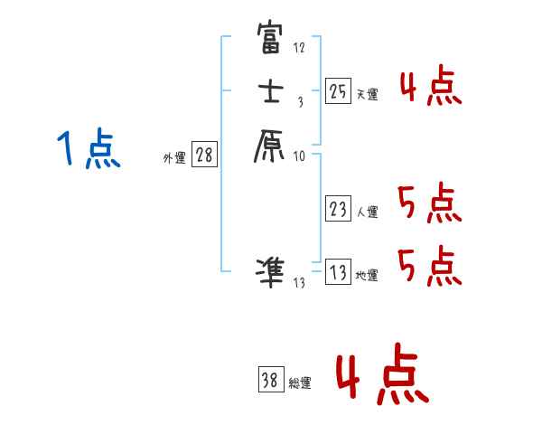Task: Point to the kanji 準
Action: [271, 271]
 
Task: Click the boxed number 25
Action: [338, 90]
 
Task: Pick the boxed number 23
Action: [338, 210]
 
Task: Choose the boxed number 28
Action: [203, 156]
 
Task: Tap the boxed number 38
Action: [270, 381]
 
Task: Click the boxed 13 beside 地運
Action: [338, 272]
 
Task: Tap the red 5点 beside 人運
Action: [430, 203]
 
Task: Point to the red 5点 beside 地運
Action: [430, 267]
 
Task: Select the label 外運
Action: [174, 158]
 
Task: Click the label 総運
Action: [300, 384]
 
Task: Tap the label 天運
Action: [367, 95]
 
